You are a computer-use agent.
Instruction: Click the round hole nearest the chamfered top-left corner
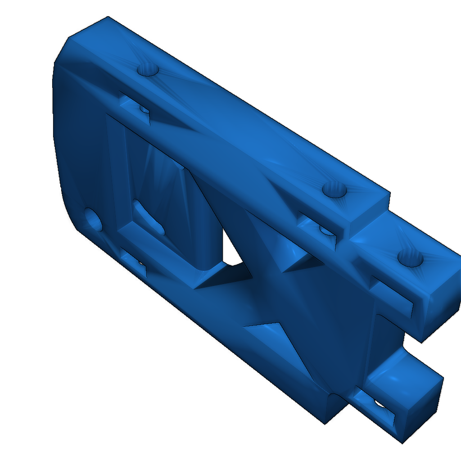(148, 70)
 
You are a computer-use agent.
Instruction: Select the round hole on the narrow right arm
(410, 259)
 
